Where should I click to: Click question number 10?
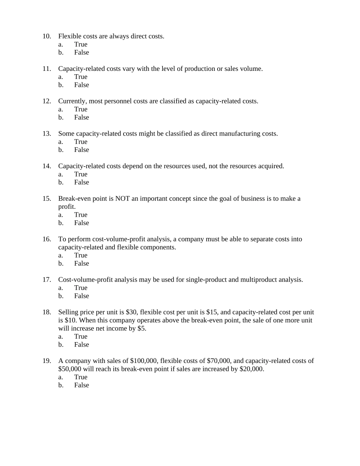[47, 36]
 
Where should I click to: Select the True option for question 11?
[80, 77]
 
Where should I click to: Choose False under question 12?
[81, 117]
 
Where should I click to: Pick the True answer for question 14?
[80, 174]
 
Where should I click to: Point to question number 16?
[47, 239]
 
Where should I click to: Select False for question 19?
[81, 385]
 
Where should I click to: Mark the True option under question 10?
[80, 44]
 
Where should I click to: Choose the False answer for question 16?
[81, 264]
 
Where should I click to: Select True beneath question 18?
[80, 336]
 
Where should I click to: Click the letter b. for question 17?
[61, 296]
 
